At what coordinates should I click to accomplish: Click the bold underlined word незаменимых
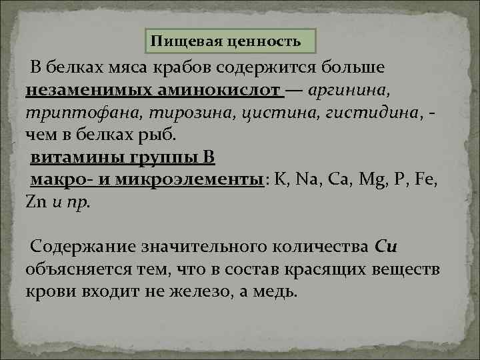(x=83, y=89)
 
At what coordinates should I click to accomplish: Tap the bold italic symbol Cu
(x=387, y=247)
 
